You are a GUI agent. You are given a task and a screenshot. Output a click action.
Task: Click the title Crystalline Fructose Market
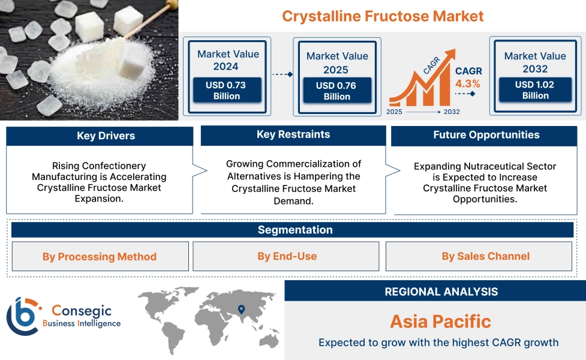coord(383,16)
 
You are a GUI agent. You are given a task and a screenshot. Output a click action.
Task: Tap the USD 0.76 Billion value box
coord(336,91)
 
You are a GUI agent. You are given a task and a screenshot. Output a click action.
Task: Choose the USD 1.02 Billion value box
coord(535,90)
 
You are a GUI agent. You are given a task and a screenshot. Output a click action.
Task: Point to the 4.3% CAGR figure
coord(468,84)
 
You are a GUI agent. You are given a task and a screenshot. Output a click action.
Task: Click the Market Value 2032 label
coord(535,62)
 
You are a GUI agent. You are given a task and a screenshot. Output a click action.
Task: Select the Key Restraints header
coord(293,134)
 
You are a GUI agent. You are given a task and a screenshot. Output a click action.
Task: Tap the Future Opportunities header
coord(486,135)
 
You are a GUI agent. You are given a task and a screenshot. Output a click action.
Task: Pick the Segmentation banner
coord(294,230)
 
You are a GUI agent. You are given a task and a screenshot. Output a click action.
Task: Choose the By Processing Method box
coord(100,257)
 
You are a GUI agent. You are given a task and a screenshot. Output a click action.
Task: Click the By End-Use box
coord(287,256)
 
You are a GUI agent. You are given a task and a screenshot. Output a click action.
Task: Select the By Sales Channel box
coord(485,256)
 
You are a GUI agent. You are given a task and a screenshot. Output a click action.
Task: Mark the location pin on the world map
coord(241,310)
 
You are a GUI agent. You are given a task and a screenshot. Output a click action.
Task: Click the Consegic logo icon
coord(22,316)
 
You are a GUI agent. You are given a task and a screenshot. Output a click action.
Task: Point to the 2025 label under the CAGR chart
coord(395,112)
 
